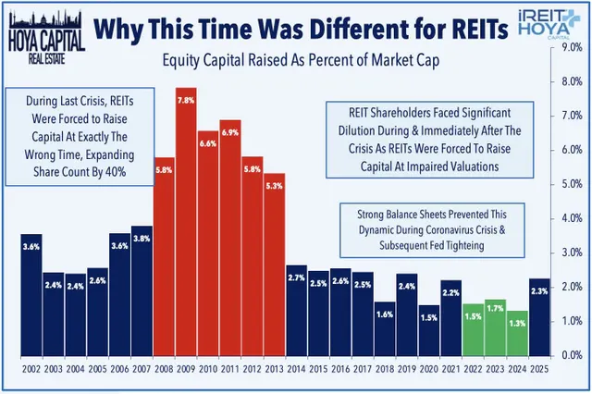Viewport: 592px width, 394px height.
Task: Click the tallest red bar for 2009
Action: [186, 222]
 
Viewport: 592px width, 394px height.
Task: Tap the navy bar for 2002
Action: [31, 296]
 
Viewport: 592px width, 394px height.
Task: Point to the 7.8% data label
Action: [186, 100]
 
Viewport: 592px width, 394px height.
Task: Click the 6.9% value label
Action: [230, 134]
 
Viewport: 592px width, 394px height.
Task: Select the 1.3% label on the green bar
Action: [518, 322]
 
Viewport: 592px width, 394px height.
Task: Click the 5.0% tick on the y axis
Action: [572, 183]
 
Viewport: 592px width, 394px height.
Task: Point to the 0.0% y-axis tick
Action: [572, 354]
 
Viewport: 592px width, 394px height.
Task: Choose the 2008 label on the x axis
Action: [165, 369]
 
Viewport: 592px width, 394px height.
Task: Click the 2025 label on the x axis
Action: [540, 369]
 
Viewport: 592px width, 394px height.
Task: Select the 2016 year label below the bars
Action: [341, 369]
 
